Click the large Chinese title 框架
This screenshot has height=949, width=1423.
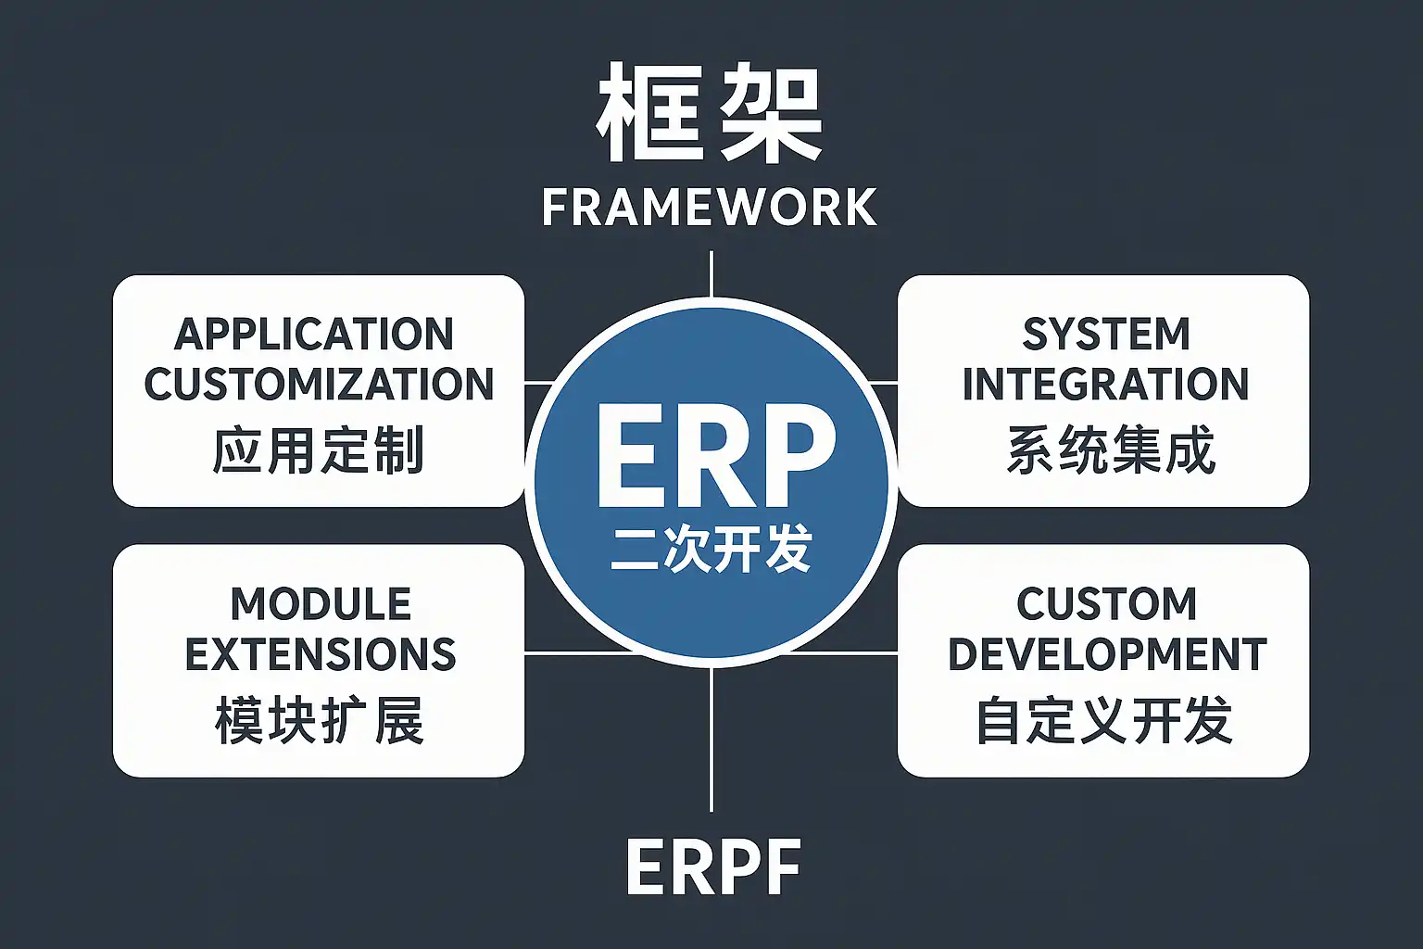[709, 114]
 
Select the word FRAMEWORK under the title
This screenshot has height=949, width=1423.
[710, 208]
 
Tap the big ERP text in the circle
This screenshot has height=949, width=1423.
[715, 455]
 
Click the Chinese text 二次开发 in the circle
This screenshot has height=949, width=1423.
[711, 549]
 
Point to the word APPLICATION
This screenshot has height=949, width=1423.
[314, 335]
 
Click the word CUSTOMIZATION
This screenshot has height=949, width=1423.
[319, 384]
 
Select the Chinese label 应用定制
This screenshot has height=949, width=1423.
[319, 450]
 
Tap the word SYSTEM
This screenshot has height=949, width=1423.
[1106, 335]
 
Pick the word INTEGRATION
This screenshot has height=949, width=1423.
[1106, 384]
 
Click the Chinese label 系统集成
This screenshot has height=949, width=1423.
[1111, 450]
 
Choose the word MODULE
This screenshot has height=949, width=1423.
[321, 604]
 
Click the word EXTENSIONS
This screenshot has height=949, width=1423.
[321, 654]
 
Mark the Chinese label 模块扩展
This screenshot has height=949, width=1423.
[320, 721]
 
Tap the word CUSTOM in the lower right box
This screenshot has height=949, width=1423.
[1107, 604]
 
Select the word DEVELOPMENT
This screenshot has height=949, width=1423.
[1108, 654]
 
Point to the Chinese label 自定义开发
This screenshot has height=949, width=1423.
[1104, 721]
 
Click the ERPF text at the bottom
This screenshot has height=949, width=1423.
[713, 867]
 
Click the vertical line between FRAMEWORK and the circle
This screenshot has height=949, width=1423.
[711, 274]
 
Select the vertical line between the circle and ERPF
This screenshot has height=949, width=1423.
[711, 740]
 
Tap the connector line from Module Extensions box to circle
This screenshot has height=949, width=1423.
[579, 652]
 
